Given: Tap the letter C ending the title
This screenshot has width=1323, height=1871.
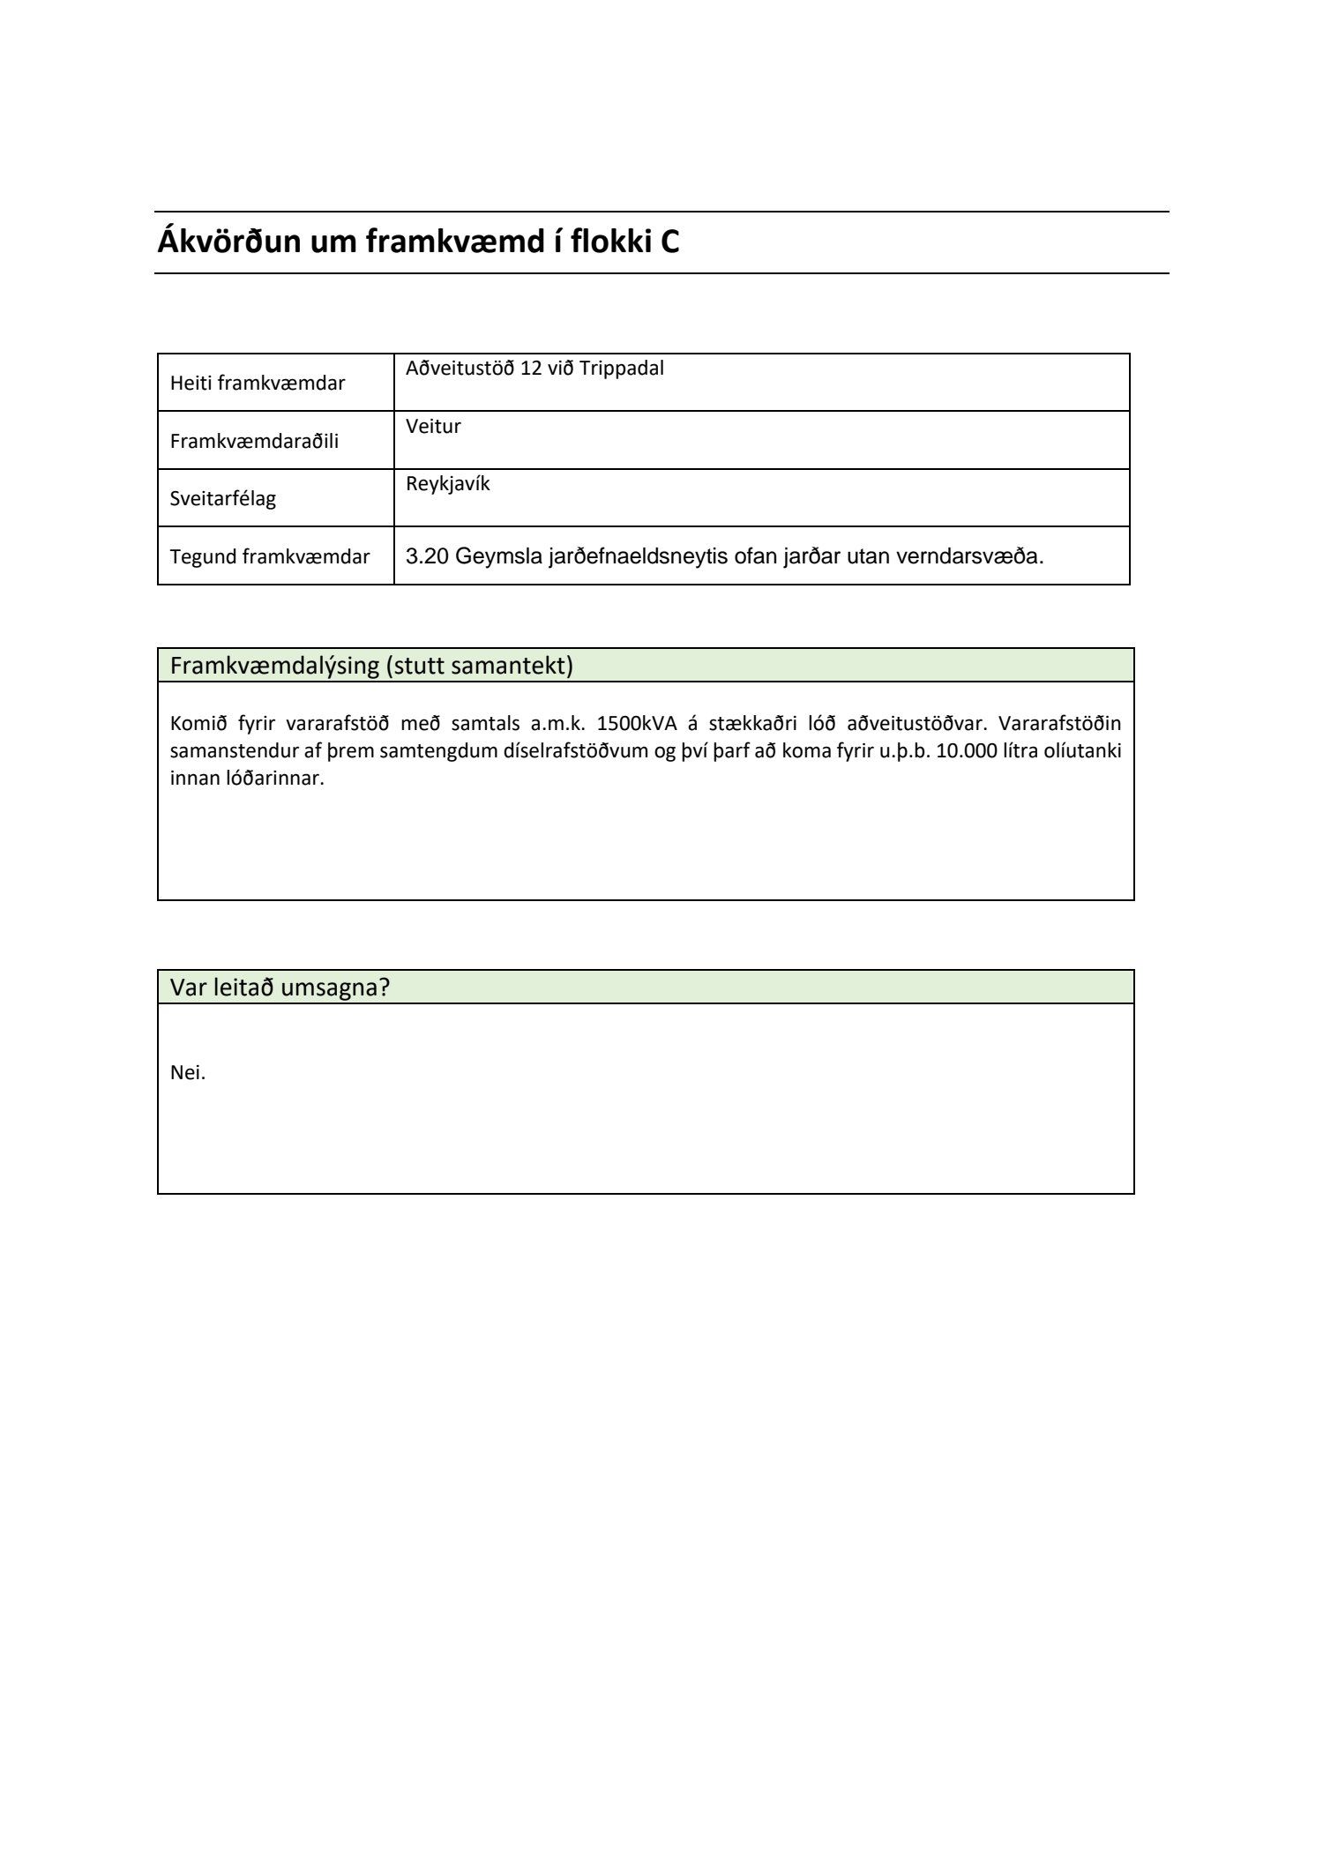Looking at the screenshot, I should point(669,242).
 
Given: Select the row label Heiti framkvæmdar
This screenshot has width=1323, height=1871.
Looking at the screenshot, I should point(257,384).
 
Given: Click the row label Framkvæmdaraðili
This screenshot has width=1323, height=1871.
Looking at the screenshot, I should point(254,441).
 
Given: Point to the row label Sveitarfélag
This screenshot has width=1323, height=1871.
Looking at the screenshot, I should point(222,499).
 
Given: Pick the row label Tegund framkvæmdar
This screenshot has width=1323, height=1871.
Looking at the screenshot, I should point(269,557).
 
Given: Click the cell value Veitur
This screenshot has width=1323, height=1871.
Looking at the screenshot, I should point(433,427).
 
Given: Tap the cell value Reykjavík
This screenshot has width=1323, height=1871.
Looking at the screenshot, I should point(447,484).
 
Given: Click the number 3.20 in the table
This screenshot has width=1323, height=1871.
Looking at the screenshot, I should point(427,556).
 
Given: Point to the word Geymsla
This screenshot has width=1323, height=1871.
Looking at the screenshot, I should point(498,556).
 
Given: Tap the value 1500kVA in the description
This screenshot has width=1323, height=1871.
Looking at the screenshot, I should point(637,724).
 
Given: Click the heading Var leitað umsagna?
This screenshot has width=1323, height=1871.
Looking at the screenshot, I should point(280,988).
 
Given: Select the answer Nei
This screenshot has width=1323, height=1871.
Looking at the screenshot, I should point(187,1073).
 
